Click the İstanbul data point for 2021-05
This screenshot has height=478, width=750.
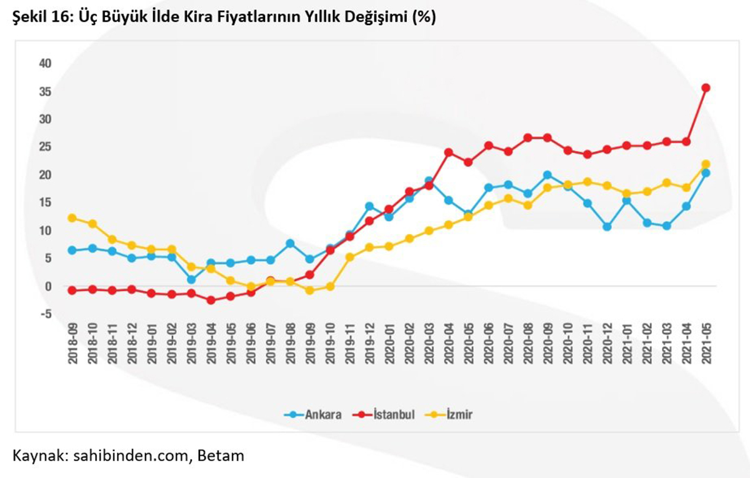706,88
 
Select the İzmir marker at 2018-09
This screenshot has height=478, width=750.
72,218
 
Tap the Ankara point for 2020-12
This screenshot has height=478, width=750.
607,227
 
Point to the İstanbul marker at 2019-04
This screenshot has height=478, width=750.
211,300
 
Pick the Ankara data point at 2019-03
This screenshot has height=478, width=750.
191,279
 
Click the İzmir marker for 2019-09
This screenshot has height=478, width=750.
309,291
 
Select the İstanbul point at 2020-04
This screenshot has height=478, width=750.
448,152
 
